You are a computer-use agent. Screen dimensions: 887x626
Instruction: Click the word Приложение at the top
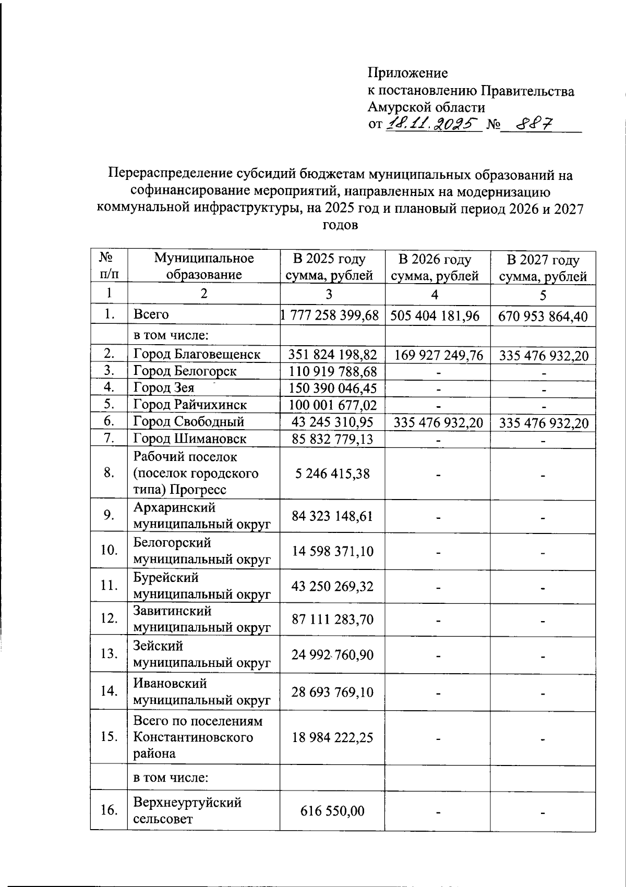pos(407,73)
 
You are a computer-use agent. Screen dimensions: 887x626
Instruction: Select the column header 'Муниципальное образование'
pos(204,266)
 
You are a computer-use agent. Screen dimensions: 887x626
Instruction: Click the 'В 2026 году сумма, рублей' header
pos(435,268)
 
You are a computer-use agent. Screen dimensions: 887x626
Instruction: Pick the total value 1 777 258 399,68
pos(329,315)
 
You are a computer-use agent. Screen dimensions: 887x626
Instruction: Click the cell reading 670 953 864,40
pos(543,317)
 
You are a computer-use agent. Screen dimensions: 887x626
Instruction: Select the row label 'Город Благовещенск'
pos(197,355)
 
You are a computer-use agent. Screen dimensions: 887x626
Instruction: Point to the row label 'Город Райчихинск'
pos(190,405)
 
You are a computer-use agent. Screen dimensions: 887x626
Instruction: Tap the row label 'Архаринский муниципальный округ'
pos(202,516)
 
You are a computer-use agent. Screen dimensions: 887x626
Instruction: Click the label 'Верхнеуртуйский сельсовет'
pos(187,810)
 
